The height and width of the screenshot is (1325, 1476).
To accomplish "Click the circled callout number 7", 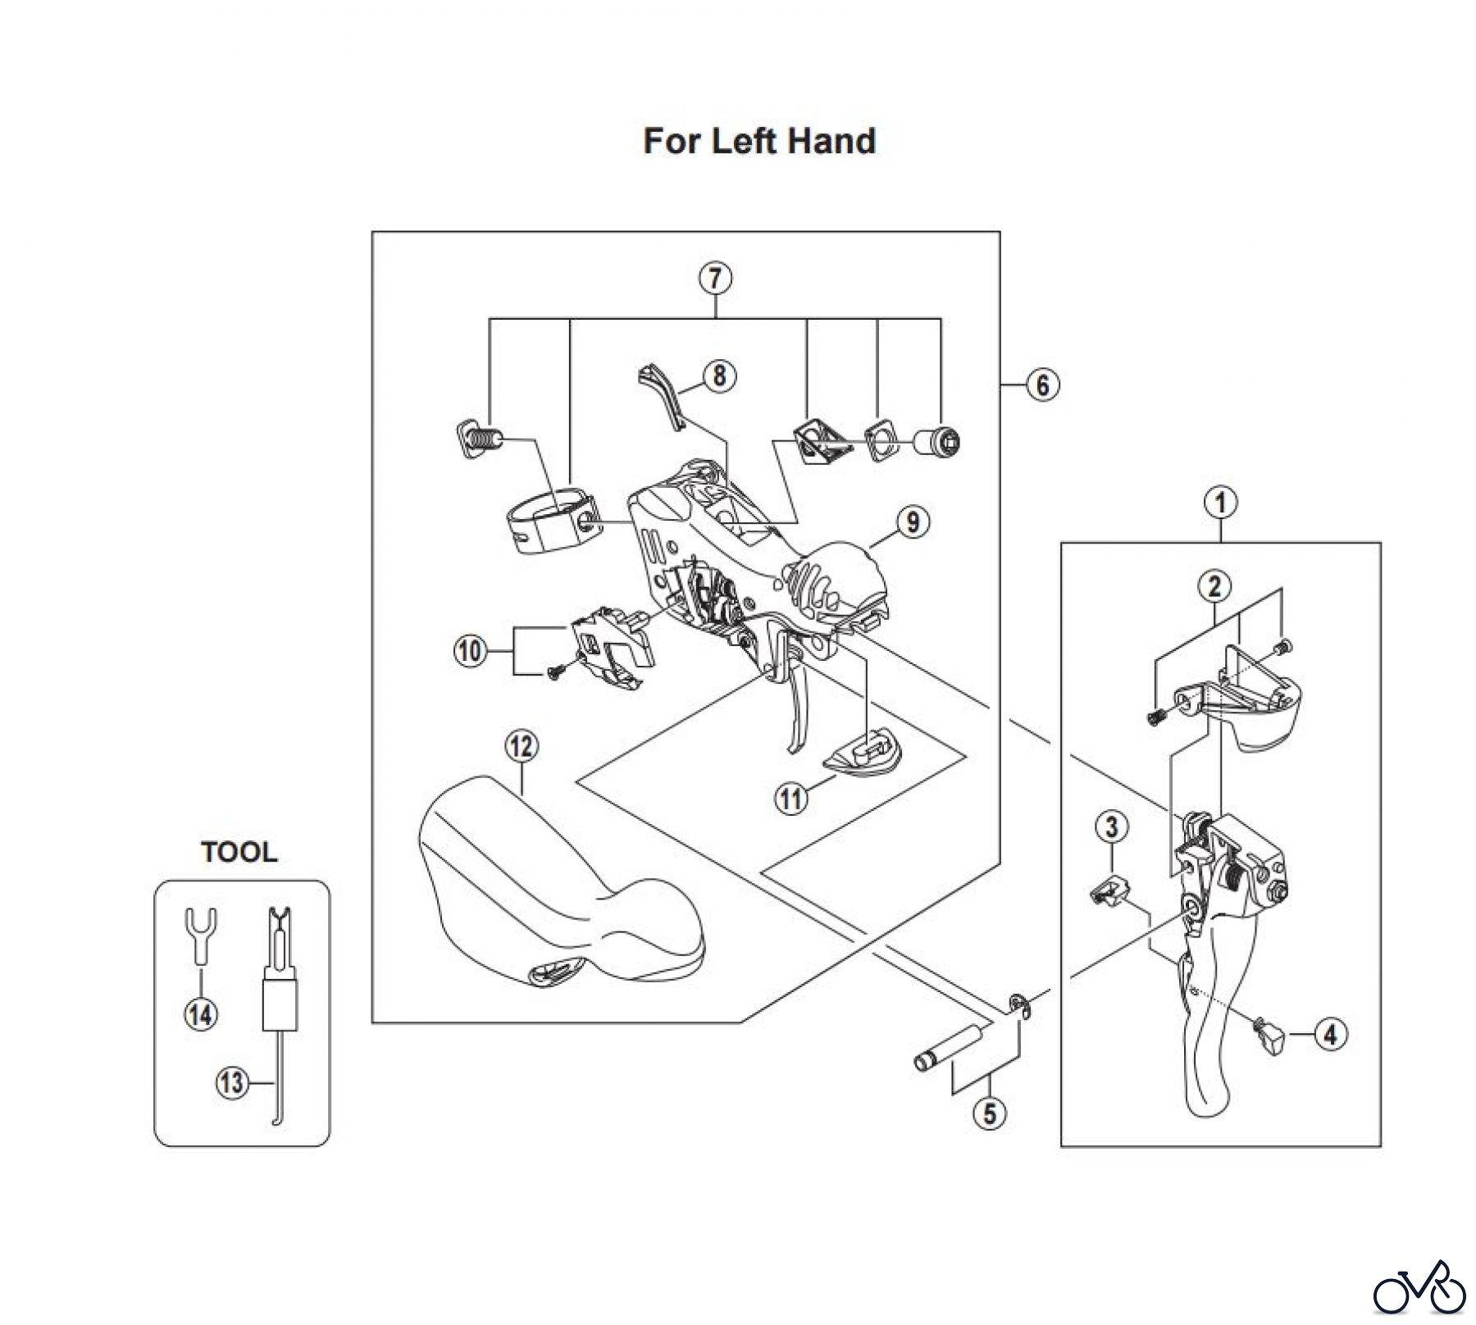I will point(715,279).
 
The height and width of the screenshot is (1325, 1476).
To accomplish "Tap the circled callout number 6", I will point(1042,385).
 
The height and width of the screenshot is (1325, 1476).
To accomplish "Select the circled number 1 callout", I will point(1220,503).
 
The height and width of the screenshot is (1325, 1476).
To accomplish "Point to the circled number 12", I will point(522,746).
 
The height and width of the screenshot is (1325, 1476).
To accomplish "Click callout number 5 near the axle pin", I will point(990,1113).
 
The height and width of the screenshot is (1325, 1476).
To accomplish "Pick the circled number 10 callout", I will point(470,652).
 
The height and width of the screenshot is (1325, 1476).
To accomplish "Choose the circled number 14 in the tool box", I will point(201,1015).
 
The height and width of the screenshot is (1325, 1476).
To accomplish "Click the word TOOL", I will point(239,852).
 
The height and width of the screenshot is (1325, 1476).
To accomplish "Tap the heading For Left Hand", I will point(759,141).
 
